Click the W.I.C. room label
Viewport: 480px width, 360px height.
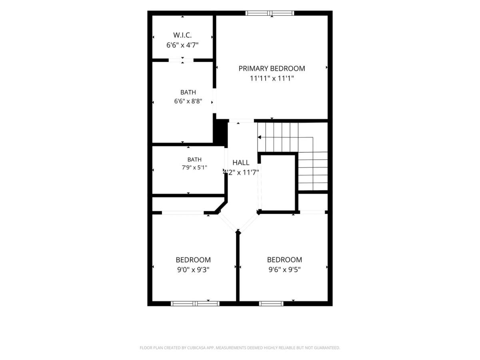point(182,35)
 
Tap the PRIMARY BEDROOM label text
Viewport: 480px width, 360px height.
point(272,68)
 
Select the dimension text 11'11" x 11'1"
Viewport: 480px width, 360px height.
point(272,78)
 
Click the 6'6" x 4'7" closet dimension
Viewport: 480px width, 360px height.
point(182,45)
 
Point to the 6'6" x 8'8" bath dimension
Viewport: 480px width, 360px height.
point(188,101)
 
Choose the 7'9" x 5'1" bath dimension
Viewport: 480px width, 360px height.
point(194,168)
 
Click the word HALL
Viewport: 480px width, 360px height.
point(241,162)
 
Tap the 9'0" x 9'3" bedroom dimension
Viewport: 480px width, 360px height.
point(193,270)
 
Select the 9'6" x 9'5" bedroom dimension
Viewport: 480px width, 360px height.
point(284,270)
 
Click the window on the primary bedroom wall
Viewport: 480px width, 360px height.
point(270,13)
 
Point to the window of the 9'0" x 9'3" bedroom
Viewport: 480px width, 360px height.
point(195,303)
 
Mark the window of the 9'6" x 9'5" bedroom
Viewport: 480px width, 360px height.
point(271,303)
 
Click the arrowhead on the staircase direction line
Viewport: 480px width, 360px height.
point(259,137)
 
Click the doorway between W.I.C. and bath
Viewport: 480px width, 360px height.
point(181,60)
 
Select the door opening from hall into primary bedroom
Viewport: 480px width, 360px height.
point(242,121)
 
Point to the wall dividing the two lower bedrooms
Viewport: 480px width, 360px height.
point(238,266)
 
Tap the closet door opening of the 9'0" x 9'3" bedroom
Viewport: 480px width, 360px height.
point(182,213)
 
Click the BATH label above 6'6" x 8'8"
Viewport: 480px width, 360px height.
point(188,92)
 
